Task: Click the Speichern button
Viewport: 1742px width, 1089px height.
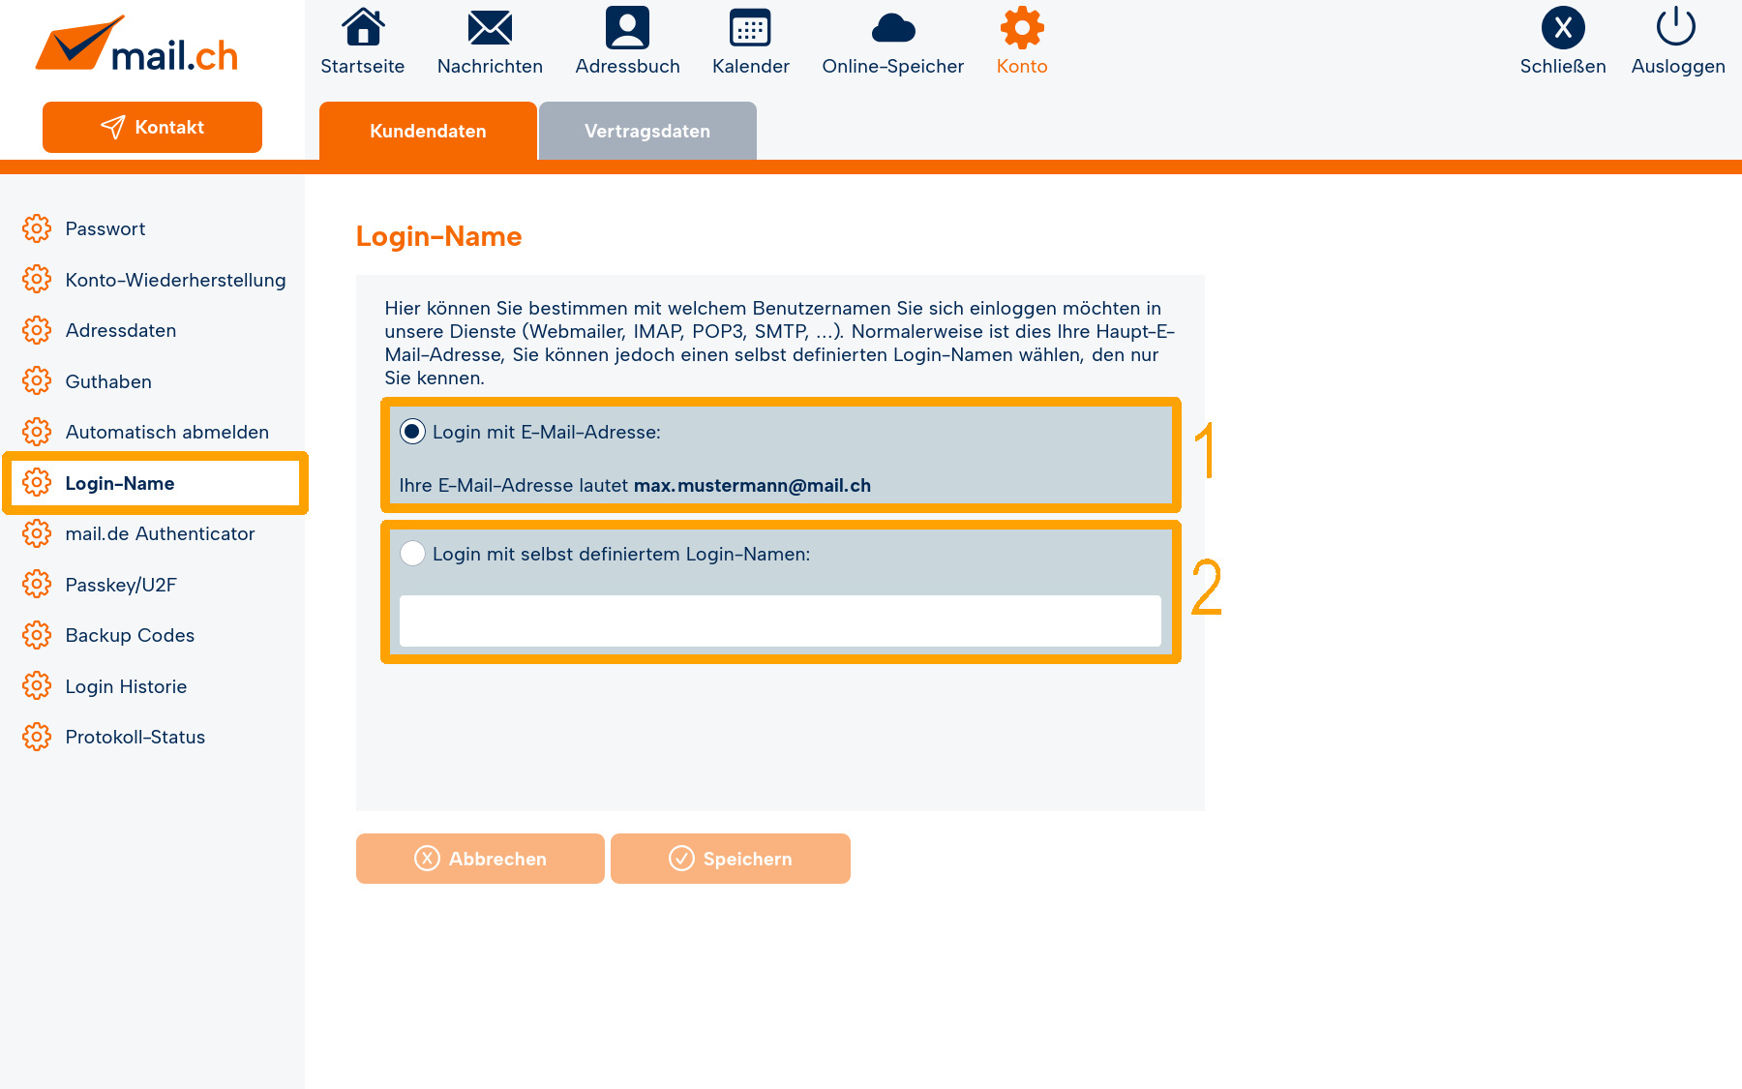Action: click(x=731, y=859)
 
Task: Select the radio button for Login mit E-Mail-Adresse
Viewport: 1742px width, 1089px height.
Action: click(x=412, y=432)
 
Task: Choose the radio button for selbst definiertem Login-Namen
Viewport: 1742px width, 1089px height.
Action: click(x=412, y=554)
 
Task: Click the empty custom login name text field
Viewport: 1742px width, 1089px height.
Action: click(x=780, y=620)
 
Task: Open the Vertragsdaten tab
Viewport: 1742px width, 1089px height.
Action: click(x=647, y=131)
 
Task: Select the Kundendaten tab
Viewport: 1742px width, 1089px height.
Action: click(x=428, y=131)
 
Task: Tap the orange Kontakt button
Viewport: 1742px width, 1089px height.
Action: click(x=152, y=127)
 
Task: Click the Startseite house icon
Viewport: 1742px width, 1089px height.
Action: click(x=363, y=27)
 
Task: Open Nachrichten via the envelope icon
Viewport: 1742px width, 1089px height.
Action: click(x=490, y=28)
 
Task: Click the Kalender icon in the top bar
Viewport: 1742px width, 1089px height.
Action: click(x=750, y=28)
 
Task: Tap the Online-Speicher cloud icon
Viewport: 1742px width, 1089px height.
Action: click(x=893, y=29)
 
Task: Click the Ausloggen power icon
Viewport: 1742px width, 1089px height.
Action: click(x=1676, y=26)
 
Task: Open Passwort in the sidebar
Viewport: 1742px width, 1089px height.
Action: click(x=105, y=229)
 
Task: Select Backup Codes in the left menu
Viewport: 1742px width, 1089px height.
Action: click(x=130, y=636)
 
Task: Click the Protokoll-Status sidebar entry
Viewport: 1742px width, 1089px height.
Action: click(x=135, y=738)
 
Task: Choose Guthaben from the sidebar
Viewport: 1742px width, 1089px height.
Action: click(x=108, y=381)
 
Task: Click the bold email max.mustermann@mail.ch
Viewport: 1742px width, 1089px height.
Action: click(x=752, y=485)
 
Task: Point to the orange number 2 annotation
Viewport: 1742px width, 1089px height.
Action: click(x=1206, y=587)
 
